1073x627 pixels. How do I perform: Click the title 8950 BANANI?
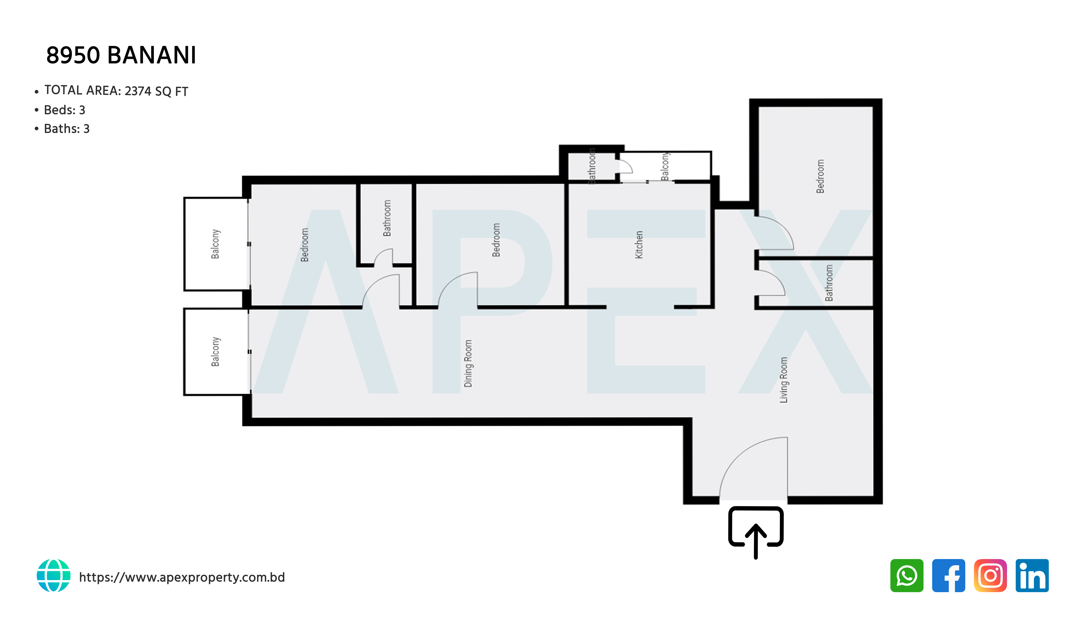[121, 55]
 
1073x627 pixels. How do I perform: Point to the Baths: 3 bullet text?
[67, 129]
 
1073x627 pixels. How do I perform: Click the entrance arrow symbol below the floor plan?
[756, 532]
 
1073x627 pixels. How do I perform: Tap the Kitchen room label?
[639, 245]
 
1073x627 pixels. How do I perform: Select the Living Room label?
[784, 380]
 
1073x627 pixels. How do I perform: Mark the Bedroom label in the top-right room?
[820, 176]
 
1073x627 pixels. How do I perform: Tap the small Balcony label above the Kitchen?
[665, 166]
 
